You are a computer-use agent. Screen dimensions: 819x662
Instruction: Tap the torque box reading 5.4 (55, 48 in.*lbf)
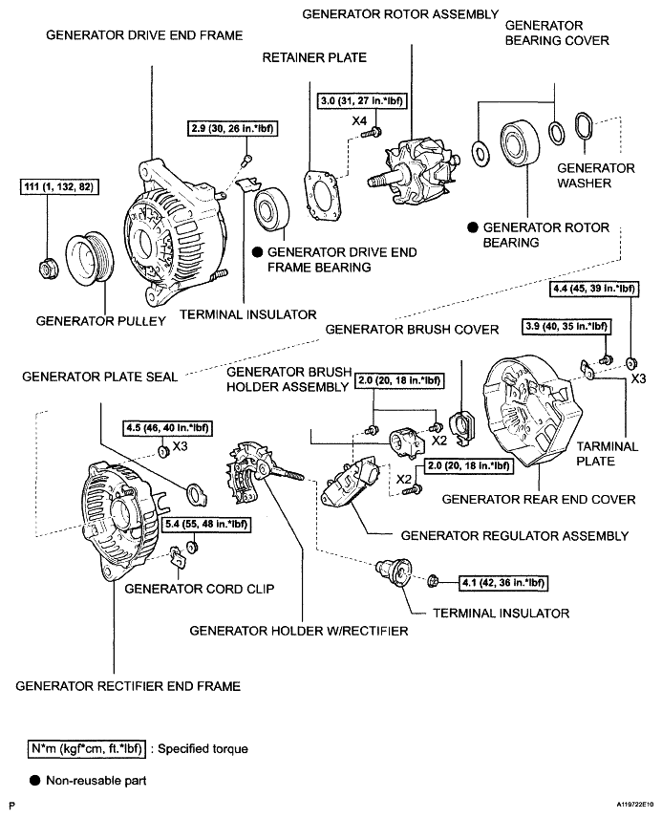(203, 524)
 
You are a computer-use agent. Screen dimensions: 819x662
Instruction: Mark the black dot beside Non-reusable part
(35, 781)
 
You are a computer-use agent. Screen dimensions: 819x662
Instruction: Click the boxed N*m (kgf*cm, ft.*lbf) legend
(90, 748)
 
